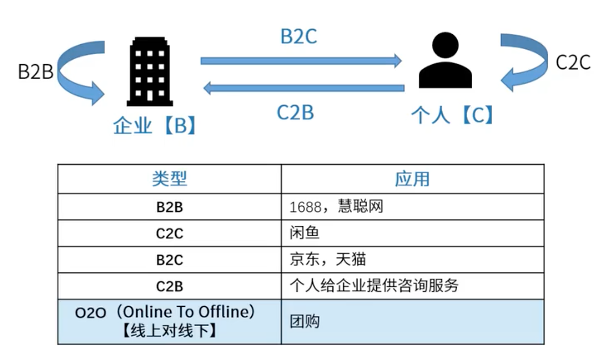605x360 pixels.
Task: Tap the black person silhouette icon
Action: pos(445,61)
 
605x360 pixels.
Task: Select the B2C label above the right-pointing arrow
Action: pos(299,37)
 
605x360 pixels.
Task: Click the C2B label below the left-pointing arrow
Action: pos(295,112)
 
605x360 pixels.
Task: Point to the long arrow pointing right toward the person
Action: pos(301,61)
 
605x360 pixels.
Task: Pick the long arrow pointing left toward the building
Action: pos(303,89)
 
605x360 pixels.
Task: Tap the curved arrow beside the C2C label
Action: pos(522,62)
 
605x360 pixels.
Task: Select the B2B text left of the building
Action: pos(35,72)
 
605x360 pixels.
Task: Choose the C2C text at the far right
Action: pos(573,63)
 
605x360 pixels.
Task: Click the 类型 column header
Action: pos(169,179)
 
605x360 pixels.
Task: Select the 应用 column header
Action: pos(412,179)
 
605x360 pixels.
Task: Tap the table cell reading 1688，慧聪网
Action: pos(336,206)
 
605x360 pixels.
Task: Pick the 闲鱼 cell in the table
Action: pos(304,233)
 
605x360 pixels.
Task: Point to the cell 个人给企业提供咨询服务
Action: pos(374,286)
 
